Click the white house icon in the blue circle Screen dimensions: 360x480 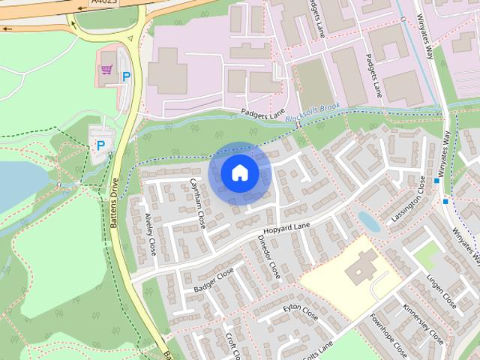coord(239,173)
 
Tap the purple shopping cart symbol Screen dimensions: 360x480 coord(107,69)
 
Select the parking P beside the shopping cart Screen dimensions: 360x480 coord(126,76)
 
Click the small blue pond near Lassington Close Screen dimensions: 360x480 coord(367,220)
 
